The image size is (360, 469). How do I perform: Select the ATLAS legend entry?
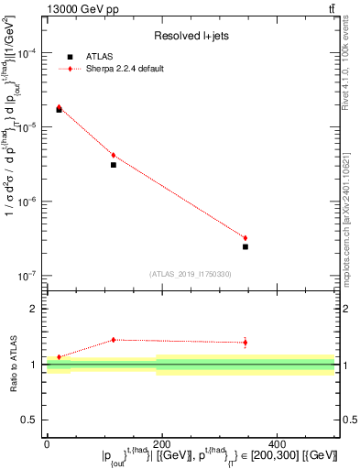point(108,57)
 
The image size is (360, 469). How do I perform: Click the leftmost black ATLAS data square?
point(60,110)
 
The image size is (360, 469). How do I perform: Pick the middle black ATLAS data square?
point(114,165)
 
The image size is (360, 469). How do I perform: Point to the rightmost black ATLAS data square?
point(245,246)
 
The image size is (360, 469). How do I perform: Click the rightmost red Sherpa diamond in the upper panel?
point(245,238)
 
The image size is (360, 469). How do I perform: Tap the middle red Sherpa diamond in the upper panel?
point(114,156)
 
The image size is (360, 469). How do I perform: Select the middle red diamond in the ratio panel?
point(114,340)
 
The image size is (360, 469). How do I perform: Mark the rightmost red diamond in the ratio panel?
point(245,343)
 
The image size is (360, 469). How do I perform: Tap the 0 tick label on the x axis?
point(47,444)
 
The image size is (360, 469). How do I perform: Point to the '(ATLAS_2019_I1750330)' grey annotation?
point(191,274)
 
